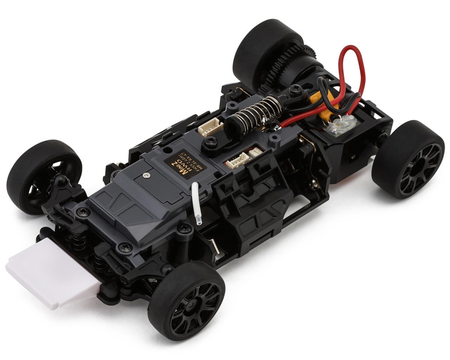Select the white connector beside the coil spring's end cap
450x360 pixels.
(211, 128)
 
